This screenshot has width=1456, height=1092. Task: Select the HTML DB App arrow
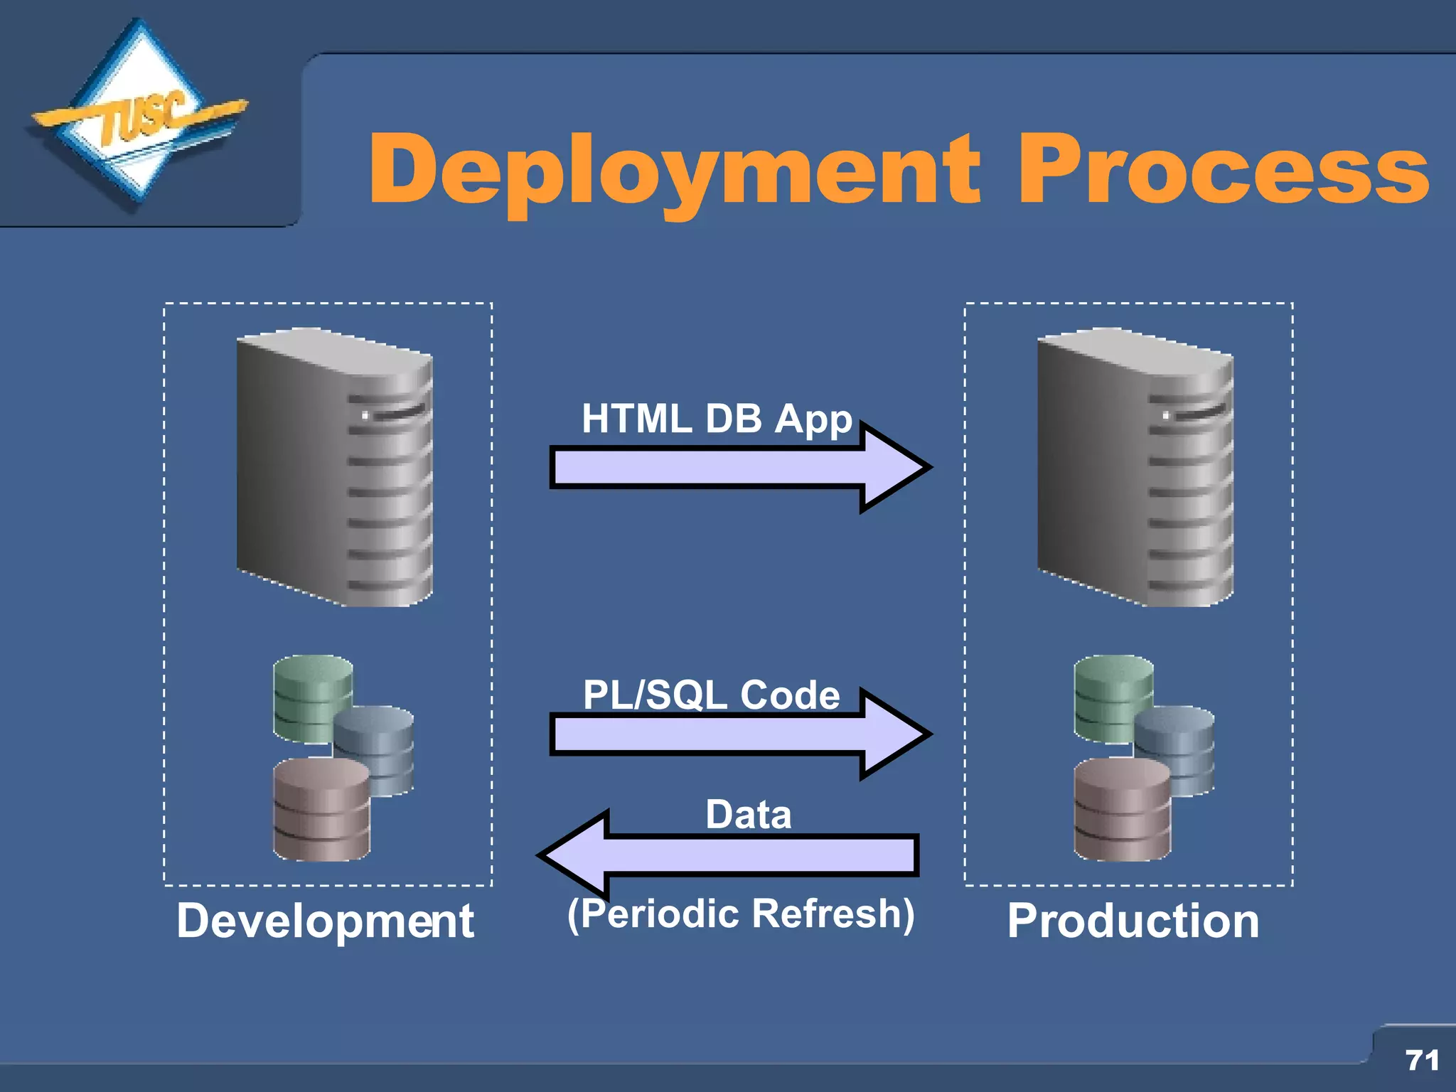coord(739,468)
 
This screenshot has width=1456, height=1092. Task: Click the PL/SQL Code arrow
coord(739,734)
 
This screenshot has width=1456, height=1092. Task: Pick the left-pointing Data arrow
coord(732,855)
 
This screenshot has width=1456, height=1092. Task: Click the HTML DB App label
coord(717,419)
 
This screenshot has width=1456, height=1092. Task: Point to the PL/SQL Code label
coord(711,695)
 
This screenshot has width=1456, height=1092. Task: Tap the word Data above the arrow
coord(748,815)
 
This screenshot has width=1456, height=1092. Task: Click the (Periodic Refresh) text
coord(741,914)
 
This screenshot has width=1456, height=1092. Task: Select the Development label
coord(325,921)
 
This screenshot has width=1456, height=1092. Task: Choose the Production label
coord(1133,921)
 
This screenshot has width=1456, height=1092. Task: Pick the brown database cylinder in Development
coord(321,810)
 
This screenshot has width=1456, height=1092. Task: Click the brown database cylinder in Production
coord(1122,810)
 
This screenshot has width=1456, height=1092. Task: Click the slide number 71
coord(1423,1060)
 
